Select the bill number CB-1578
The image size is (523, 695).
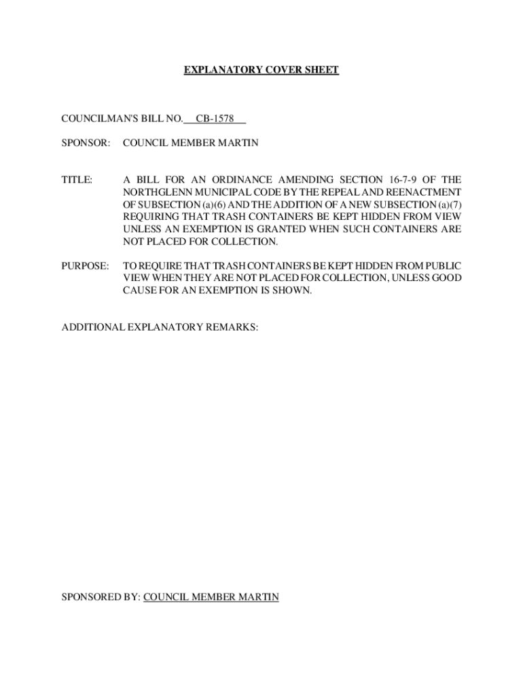click(x=215, y=119)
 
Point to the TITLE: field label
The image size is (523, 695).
click(x=77, y=180)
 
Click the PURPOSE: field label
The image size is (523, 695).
click(x=85, y=267)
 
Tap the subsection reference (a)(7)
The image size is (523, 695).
click(x=447, y=204)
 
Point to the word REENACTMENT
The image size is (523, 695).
click(x=423, y=192)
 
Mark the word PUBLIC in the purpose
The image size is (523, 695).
click(x=443, y=267)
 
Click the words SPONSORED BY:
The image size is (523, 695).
click(x=101, y=597)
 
